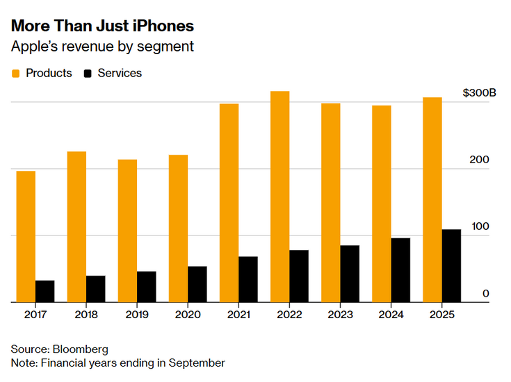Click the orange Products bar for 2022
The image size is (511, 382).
(280, 197)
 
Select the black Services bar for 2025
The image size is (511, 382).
(451, 265)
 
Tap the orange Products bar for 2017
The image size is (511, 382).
(26, 236)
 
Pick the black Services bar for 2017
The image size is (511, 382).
(45, 291)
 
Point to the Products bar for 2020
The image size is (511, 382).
(178, 229)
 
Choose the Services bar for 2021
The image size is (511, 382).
(248, 279)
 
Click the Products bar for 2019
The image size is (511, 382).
(127, 231)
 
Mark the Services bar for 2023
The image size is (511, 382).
(350, 274)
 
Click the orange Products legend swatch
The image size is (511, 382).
(16, 73)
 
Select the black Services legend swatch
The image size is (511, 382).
(88, 73)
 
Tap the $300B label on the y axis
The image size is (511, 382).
(479, 93)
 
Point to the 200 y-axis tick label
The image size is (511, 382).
(480, 160)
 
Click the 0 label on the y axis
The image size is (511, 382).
(486, 294)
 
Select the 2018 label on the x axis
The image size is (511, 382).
(86, 315)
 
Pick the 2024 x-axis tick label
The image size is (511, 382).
(391, 315)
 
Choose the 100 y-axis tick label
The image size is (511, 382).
(480, 227)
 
